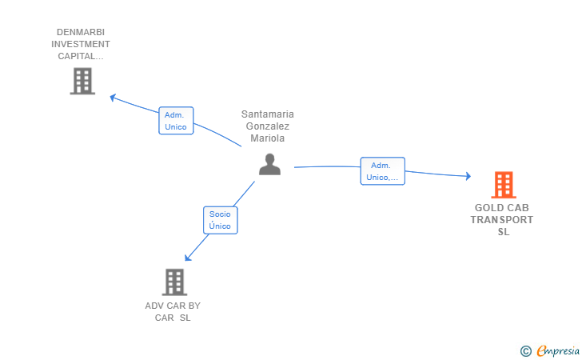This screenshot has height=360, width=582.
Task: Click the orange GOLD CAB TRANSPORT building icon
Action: point(504,185)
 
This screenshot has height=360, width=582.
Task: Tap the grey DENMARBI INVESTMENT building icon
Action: point(82,81)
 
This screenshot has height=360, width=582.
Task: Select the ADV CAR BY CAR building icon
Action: point(174,282)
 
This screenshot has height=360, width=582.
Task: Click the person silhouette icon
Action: point(270,164)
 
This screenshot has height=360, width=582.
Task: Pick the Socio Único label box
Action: point(221,220)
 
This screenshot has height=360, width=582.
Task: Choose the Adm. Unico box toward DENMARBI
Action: point(176,121)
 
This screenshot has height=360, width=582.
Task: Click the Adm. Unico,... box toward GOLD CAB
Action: point(382,171)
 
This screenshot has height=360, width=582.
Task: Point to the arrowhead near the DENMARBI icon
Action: point(113,98)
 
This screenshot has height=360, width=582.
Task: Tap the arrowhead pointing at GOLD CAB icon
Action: point(468,176)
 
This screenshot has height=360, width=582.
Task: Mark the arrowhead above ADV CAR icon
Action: point(188,258)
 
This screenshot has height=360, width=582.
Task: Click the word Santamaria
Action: point(268,114)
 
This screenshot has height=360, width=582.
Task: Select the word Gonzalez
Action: point(268,126)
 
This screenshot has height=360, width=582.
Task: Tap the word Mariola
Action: point(268,138)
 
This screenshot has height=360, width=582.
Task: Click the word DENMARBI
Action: point(81,32)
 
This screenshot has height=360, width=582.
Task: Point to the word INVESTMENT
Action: point(81,44)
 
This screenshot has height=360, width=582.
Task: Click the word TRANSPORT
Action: point(502,220)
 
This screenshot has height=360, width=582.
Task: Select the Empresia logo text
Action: point(558,350)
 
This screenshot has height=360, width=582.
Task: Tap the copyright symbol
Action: point(526,351)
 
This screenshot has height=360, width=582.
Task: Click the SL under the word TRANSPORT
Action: point(504,232)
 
